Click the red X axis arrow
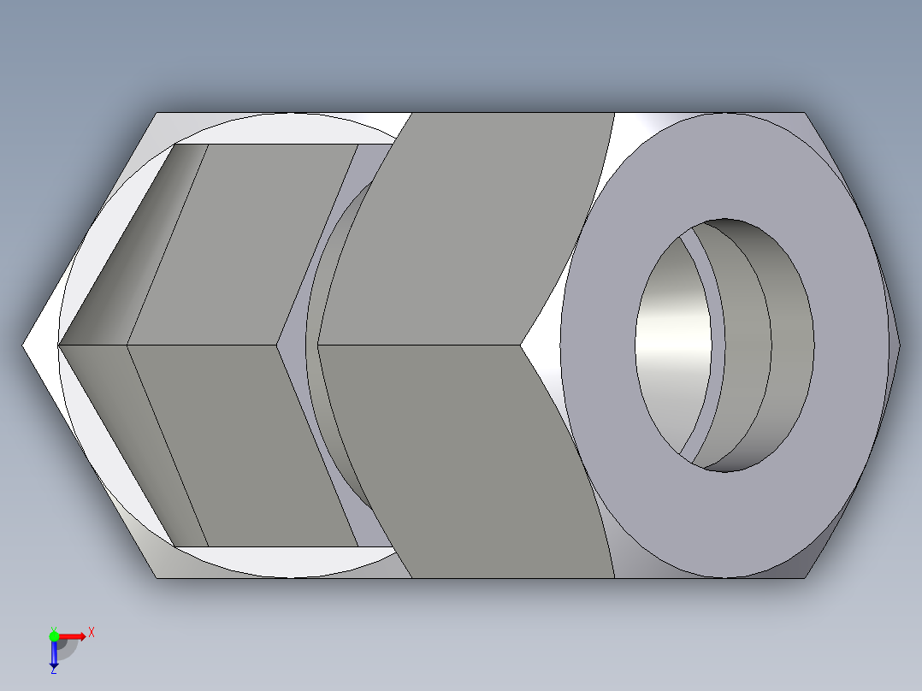(x=73, y=636)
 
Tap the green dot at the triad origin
(x=54, y=635)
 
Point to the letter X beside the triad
(x=92, y=633)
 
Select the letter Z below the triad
(x=53, y=670)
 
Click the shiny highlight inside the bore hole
(x=676, y=342)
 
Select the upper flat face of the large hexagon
(x=479, y=231)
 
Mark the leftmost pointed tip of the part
(x=23, y=345)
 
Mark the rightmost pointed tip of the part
(x=900, y=345)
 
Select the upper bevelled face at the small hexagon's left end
(x=128, y=248)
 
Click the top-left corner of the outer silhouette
(x=156, y=113)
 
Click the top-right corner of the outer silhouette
(x=805, y=113)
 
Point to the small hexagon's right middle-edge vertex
(x=278, y=345)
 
